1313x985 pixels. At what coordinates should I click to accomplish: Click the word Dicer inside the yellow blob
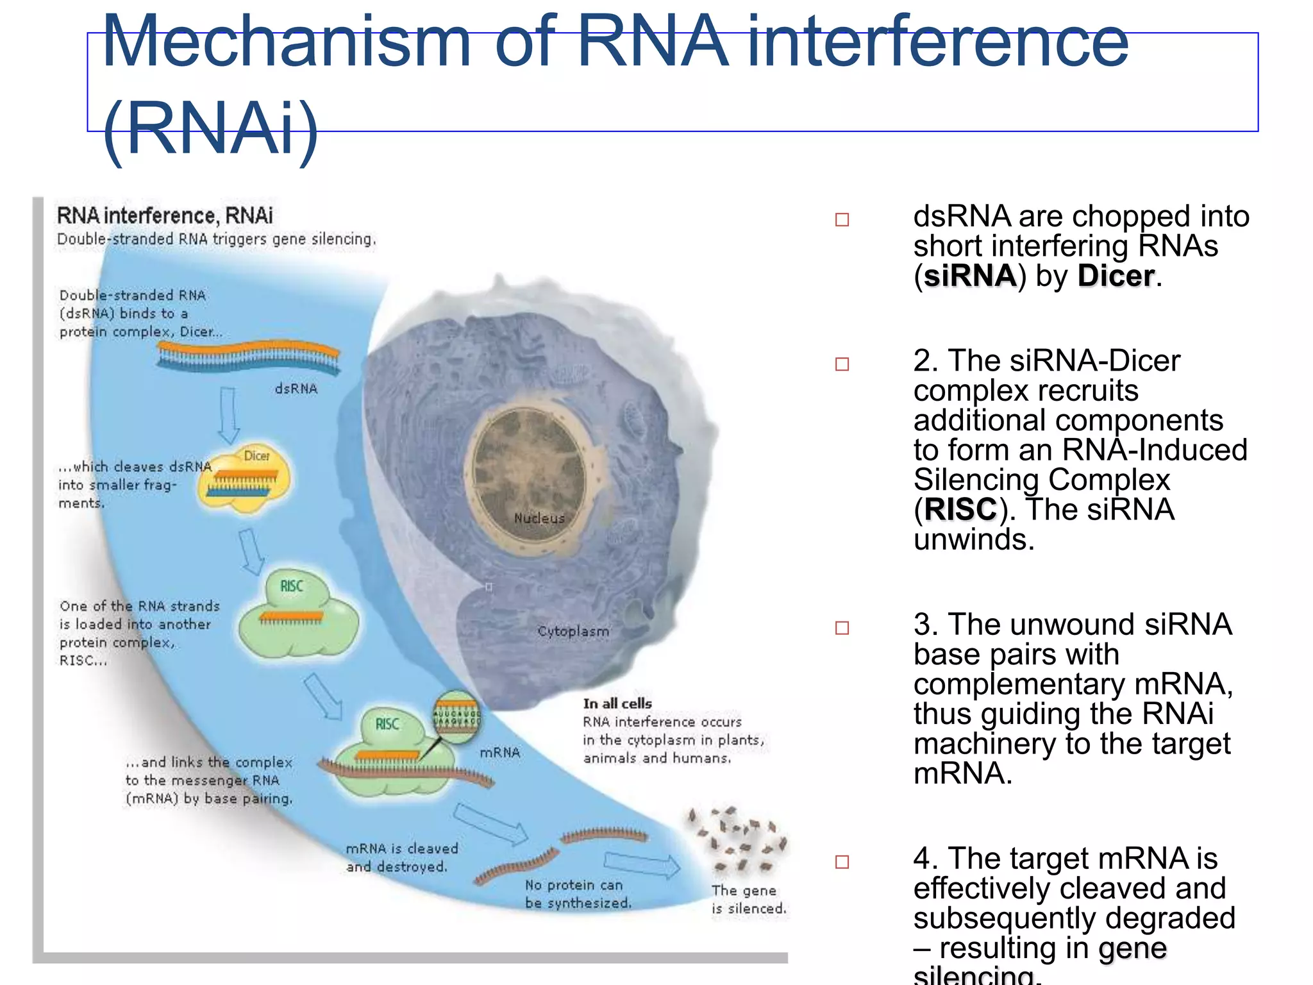(256, 456)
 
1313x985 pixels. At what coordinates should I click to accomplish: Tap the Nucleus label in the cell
(539, 518)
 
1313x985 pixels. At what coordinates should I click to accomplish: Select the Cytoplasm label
(573, 631)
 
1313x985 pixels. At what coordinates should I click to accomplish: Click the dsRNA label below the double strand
(296, 389)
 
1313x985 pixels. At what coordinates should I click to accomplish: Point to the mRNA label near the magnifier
(500, 752)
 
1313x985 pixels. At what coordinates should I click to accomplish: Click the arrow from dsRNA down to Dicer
(228, 415)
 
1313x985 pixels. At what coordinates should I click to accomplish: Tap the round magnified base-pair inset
(456, 717)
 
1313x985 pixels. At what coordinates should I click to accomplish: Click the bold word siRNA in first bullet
(969, 276)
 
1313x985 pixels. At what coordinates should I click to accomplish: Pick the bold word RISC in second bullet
(960, 510)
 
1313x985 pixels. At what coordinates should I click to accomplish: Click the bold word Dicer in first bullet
(1116, 276)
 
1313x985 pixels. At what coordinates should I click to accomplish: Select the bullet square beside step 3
(842, 628)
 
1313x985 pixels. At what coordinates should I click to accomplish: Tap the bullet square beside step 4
(842, 862)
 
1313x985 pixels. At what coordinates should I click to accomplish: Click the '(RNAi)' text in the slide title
(210, 128)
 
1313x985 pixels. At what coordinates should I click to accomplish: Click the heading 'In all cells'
(617, 703)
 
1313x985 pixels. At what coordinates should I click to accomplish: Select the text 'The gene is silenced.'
(748, 899)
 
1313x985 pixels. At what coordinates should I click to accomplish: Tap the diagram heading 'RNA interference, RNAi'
(165, 216)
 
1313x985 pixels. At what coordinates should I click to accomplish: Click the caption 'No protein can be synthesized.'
(578, 894)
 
